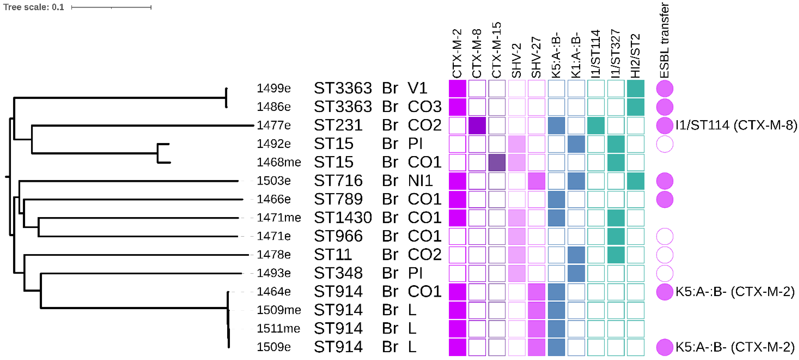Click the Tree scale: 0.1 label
pos(33,7)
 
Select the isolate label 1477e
pos(274,125)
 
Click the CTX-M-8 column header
pos(477,53)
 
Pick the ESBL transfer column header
pos(664,40)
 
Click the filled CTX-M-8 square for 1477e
pos(477,125)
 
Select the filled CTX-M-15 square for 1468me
pos(497,162)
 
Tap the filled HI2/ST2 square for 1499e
pos(635,88)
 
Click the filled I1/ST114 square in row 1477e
pos(596,125)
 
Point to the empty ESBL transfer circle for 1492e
pos(664,144)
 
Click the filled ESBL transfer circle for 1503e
pos(664,181)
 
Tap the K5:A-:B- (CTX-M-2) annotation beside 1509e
pos(735,347)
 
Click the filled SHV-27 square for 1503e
pos(536,181)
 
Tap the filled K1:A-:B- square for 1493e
pos(576,273)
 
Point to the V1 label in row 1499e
pos(417,88)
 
